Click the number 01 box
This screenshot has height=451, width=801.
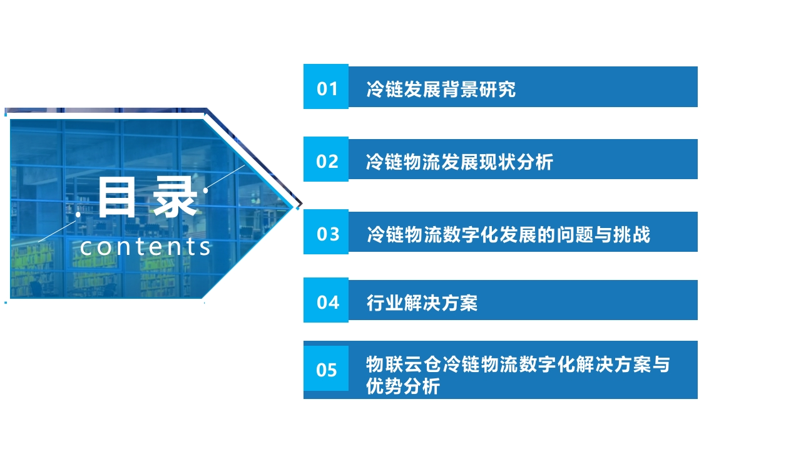coord(326,86)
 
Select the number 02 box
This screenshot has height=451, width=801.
coord(326,159)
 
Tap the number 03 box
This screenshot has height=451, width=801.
coord(326,232)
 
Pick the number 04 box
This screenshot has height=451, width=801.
coord(326,300)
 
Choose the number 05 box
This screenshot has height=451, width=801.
coord(326,368)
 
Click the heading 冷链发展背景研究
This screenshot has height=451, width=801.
coord(441,89)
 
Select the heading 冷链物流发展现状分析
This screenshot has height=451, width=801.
coord(459,162)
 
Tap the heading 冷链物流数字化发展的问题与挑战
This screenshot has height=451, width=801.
coord(509,235)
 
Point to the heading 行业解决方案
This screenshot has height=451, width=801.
coord(422,303)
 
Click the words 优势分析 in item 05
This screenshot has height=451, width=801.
coord(402,386)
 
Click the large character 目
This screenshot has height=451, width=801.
coord(117,197)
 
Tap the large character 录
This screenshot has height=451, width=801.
coord(175,197)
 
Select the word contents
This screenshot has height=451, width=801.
coord(146,247)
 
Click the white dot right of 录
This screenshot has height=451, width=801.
coord(206,191)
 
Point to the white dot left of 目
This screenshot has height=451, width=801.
coord(78,214)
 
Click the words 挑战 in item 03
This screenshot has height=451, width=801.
coord(632,235)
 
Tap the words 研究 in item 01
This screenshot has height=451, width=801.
coord(497,89)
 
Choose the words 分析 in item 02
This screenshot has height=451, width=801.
coord(535,162)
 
